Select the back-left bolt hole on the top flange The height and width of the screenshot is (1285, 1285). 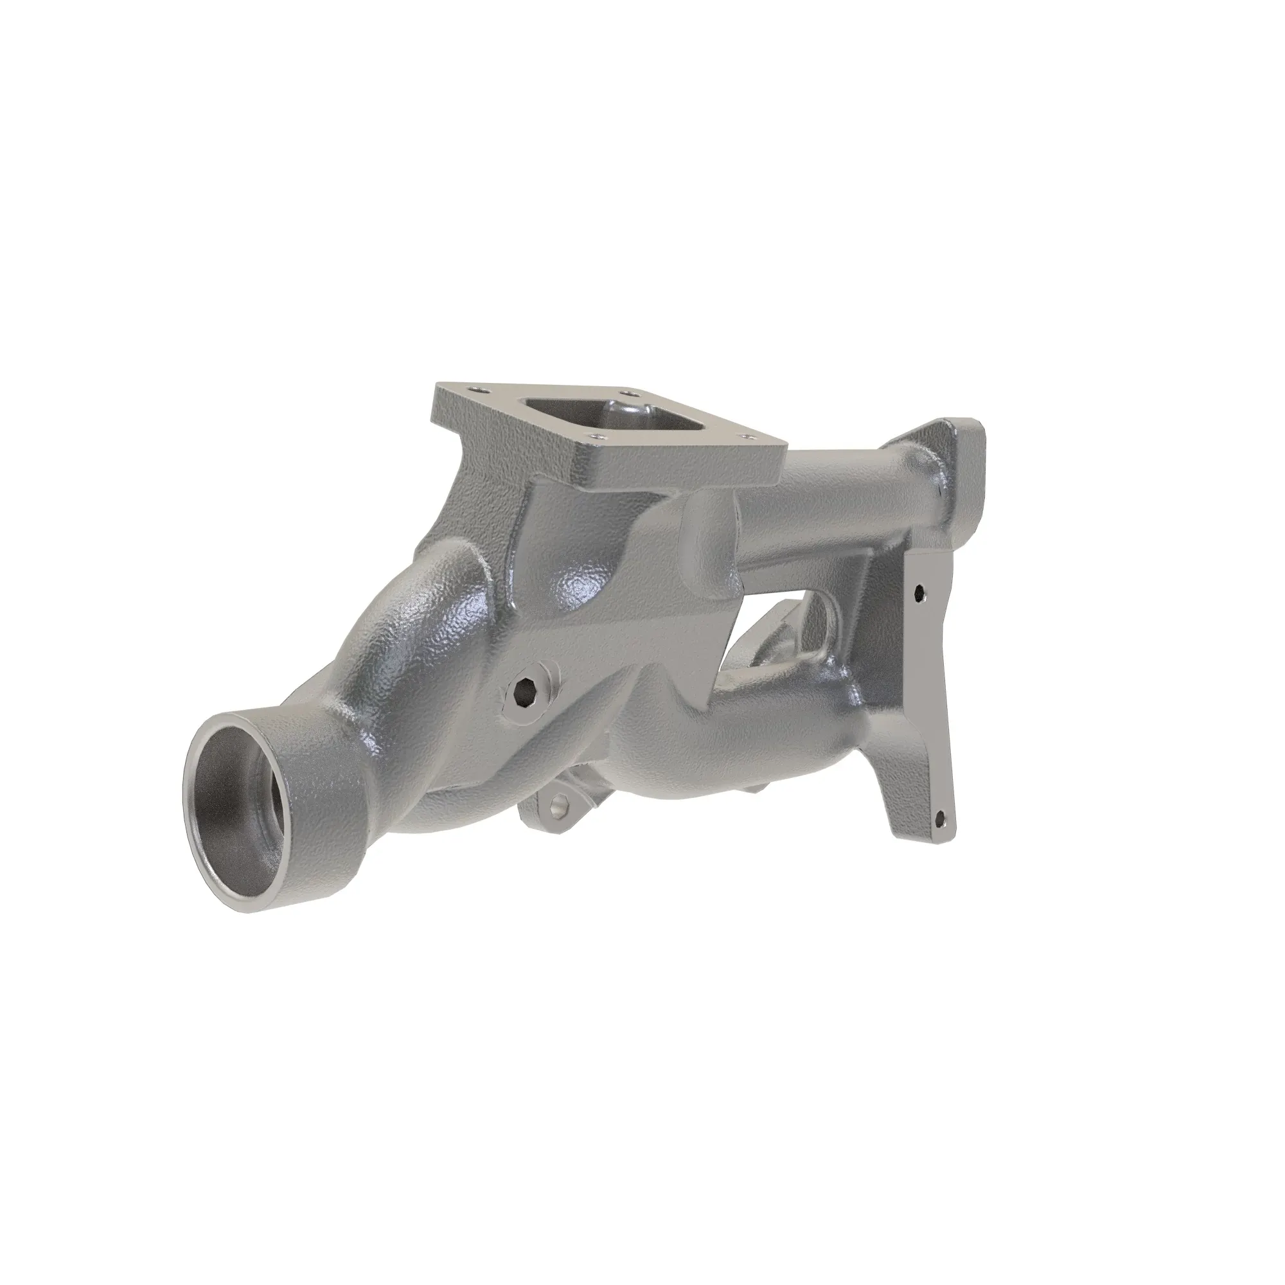tap(474, 389)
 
